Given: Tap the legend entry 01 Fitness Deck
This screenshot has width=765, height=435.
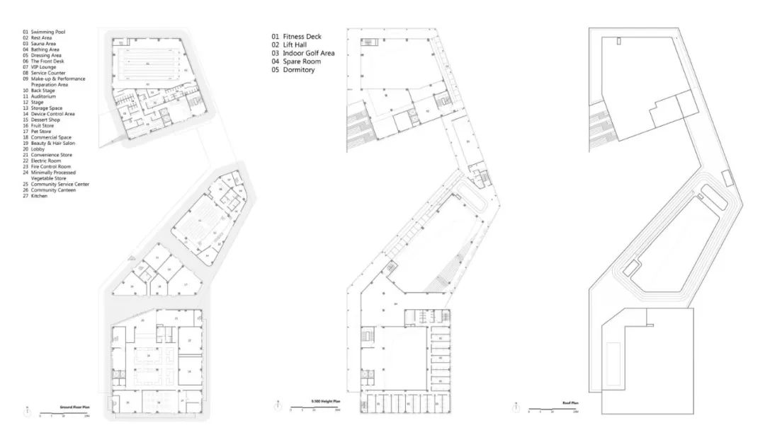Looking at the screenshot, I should (x=297, y=36).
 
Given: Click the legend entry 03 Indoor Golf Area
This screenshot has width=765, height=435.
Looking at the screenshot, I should (x=303, y=53).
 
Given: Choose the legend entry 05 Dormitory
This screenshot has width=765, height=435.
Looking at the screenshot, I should (x=294, y=70).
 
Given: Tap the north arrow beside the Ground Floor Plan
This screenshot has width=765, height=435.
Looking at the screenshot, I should (x=27, y=411).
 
